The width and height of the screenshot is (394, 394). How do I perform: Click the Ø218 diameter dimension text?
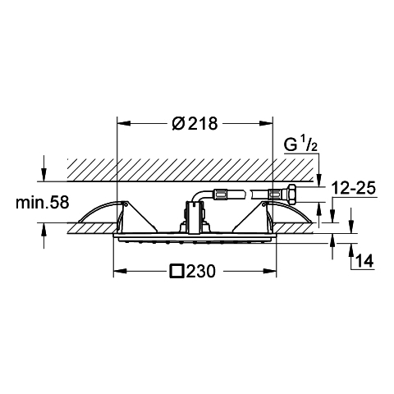(x=195, y=123)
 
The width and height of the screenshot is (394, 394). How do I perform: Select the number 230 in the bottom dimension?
(x=201, y=272)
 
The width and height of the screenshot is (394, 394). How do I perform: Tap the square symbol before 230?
(x=177, y=271)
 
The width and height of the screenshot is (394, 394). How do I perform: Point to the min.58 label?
(x=43, y=203)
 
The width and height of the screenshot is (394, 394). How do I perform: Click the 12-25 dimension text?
(x=353, y=188)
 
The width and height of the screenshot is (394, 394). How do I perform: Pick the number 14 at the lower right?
(x=365, y=261)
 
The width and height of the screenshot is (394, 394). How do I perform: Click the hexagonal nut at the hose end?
(x=291, y=194)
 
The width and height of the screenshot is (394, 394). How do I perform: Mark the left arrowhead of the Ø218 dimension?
(x=123, y=123)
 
